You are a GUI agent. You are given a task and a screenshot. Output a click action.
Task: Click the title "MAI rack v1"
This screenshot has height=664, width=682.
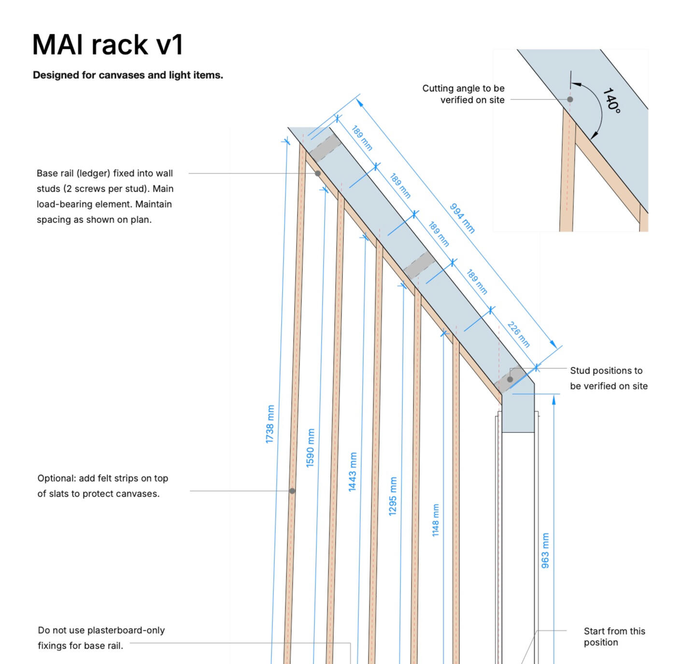(x=108, y=44)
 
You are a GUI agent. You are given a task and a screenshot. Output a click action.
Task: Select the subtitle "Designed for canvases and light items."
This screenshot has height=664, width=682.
(x=128, y=75)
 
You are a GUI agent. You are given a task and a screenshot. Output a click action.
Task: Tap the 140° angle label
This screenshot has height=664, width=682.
(x=611, y=100)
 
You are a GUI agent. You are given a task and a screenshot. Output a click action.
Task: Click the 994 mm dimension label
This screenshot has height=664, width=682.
(x=462, y=218)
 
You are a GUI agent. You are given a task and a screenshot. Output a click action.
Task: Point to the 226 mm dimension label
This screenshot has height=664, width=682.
(x=519, y=334)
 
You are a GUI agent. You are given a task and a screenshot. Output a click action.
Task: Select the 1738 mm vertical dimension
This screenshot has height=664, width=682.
(x=270, y=424)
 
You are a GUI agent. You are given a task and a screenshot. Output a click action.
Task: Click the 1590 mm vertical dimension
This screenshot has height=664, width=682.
(x=311, y=448)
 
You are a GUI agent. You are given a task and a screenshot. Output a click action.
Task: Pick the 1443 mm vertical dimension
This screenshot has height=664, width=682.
(x=353, y=472)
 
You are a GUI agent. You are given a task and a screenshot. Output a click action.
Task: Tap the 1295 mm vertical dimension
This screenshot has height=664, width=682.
(x=393, y=496)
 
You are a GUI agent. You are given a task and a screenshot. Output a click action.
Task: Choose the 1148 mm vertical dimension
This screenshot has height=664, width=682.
(x=436, y=520)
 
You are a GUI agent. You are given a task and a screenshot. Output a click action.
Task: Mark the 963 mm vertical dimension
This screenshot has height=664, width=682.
(x=545, y=551)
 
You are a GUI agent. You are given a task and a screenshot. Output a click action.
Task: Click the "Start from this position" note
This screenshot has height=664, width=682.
(x=614, y=636)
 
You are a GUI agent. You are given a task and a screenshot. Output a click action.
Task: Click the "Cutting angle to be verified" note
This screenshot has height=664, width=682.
(x=463, y=94)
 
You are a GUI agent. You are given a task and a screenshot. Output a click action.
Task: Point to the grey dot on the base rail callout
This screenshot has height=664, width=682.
(x=318, y=173)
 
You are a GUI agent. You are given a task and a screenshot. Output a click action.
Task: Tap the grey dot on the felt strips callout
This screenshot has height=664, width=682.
(x=292, y=491)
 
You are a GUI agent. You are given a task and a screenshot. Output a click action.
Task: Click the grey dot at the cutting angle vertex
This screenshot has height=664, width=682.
(x=570, y=99)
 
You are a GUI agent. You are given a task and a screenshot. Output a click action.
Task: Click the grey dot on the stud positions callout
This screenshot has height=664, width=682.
(x=510, y=379)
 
